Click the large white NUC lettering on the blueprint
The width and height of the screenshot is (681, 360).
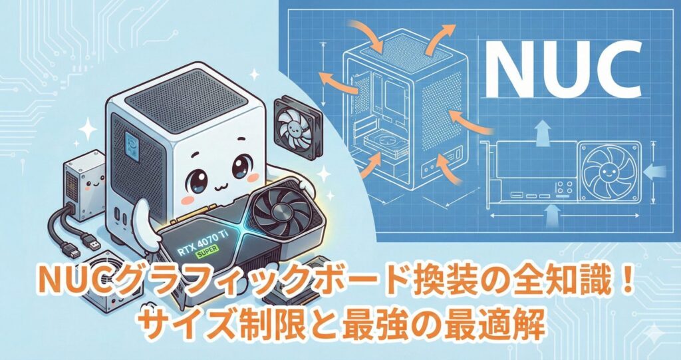563,69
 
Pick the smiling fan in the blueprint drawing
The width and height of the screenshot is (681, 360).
605,172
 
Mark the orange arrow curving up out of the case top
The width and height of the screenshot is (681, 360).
441,38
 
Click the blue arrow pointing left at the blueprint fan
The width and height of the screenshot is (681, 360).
654,173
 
